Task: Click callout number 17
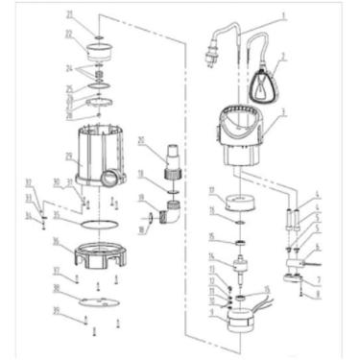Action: click(x=212, y=190)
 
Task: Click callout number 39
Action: click(x=57, y=311)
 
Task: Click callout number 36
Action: click(x=57, y=241)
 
